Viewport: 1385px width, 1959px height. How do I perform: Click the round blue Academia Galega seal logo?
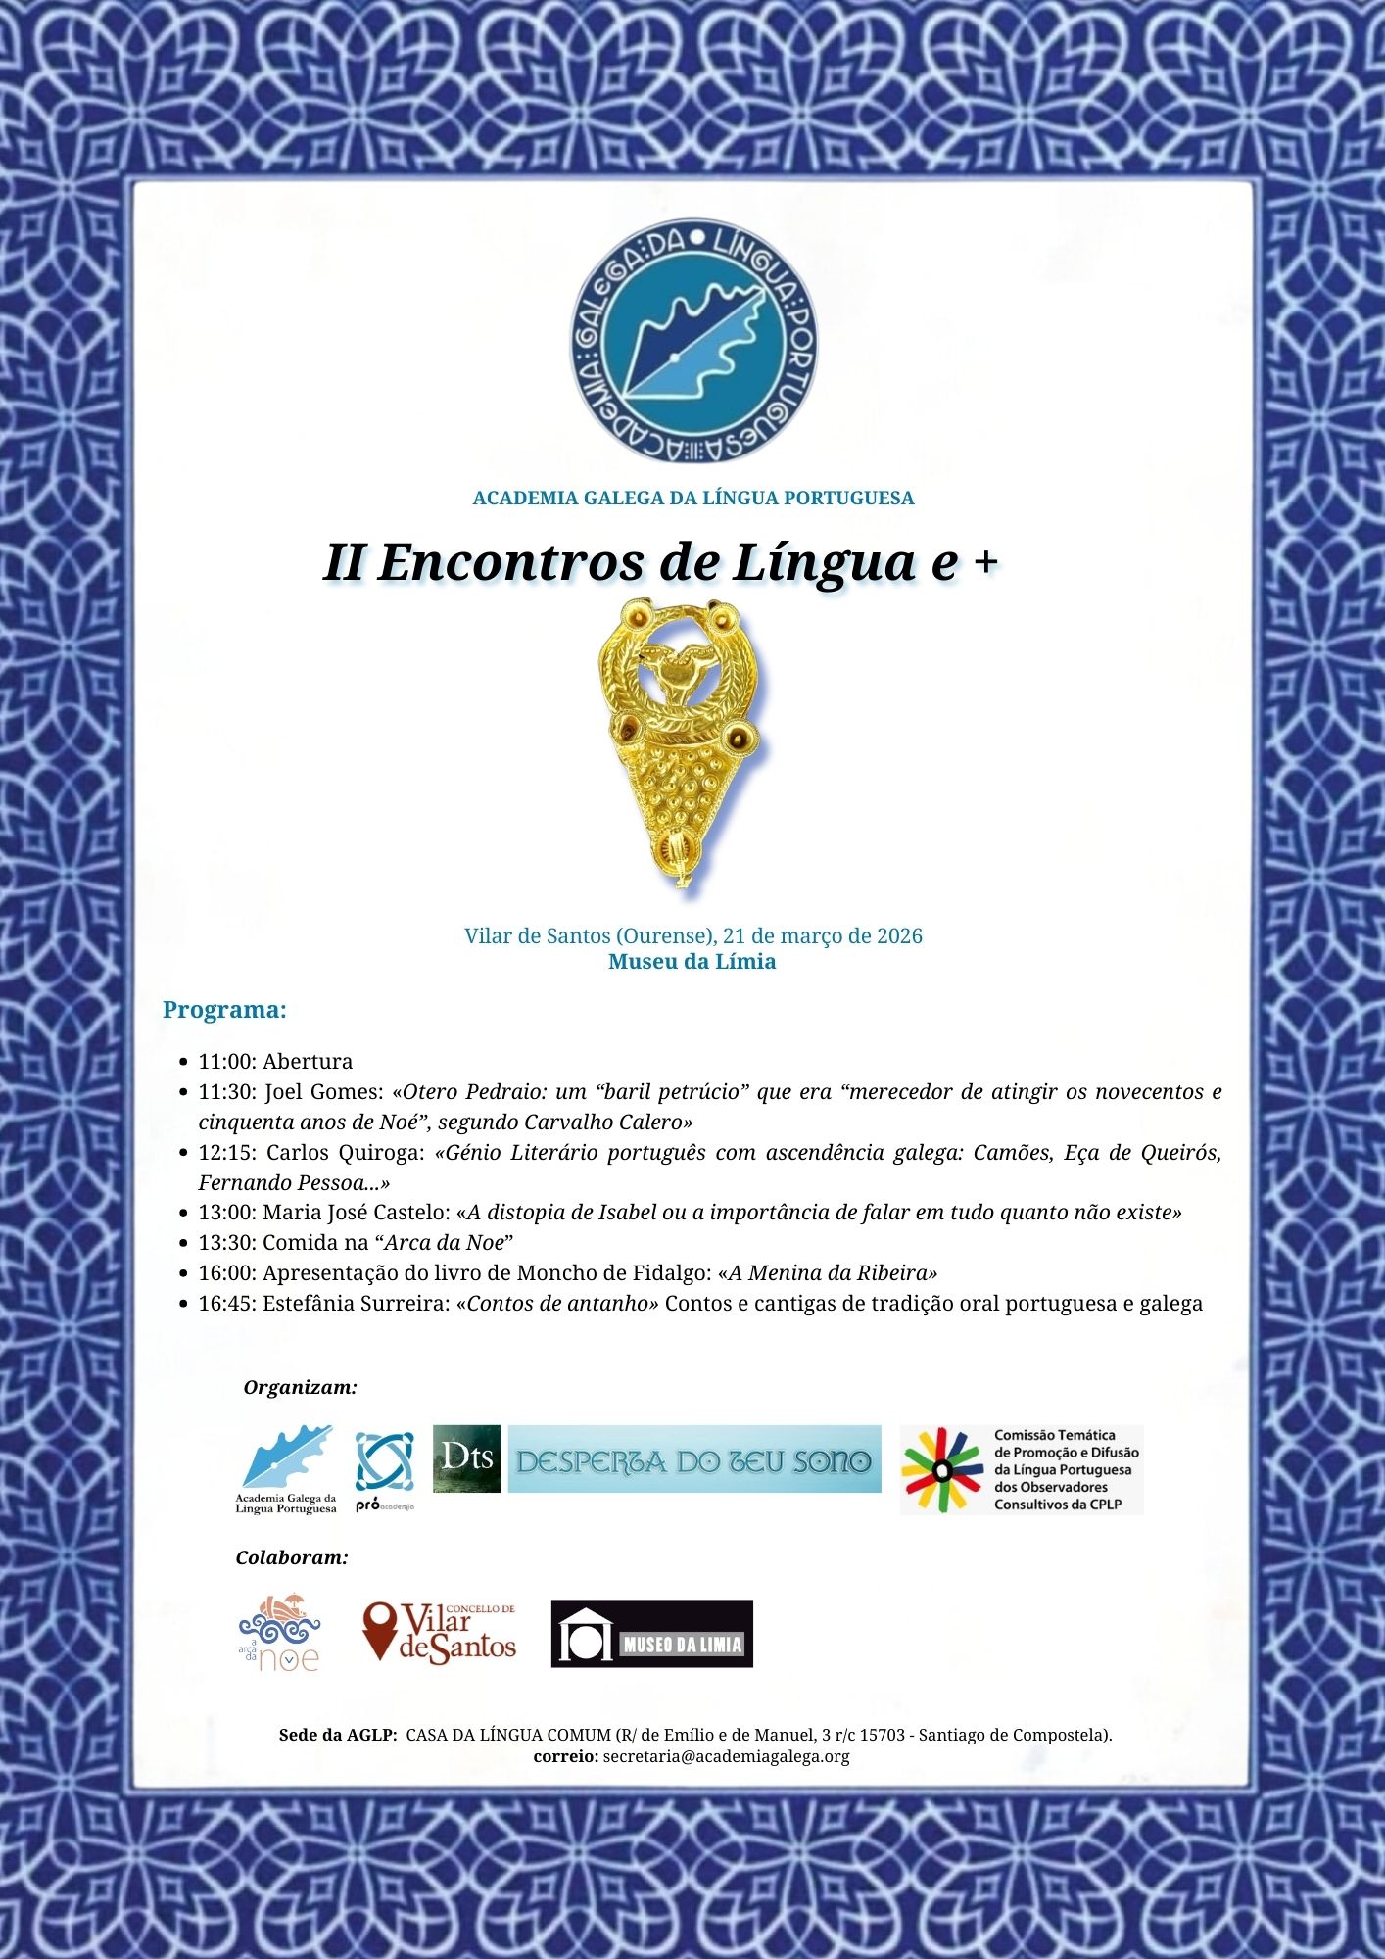692,341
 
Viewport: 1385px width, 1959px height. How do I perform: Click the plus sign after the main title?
986,561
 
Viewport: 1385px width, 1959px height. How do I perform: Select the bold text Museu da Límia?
692,962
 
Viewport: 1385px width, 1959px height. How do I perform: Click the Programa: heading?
224,1010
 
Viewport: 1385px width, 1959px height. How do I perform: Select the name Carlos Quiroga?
342,1153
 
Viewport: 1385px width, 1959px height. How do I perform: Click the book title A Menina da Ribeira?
828,1273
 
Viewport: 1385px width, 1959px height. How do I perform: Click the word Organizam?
300,1388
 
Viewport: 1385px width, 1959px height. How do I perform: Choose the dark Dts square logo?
467,1458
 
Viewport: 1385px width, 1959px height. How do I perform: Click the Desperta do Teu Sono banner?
693,1459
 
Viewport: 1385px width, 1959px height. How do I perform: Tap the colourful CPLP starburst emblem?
942,1469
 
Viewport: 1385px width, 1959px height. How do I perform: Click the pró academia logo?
384,1471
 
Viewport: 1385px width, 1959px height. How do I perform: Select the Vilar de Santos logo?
439,1633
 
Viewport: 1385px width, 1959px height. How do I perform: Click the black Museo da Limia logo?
651,1634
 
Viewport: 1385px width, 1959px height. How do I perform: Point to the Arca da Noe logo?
280,1633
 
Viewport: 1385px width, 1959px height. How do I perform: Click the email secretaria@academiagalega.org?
726,1756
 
